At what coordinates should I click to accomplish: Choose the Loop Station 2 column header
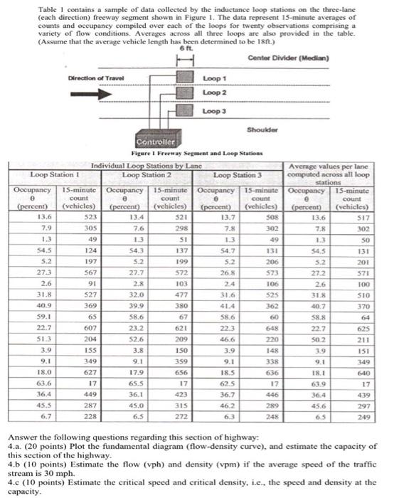click(x=143, y=173)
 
